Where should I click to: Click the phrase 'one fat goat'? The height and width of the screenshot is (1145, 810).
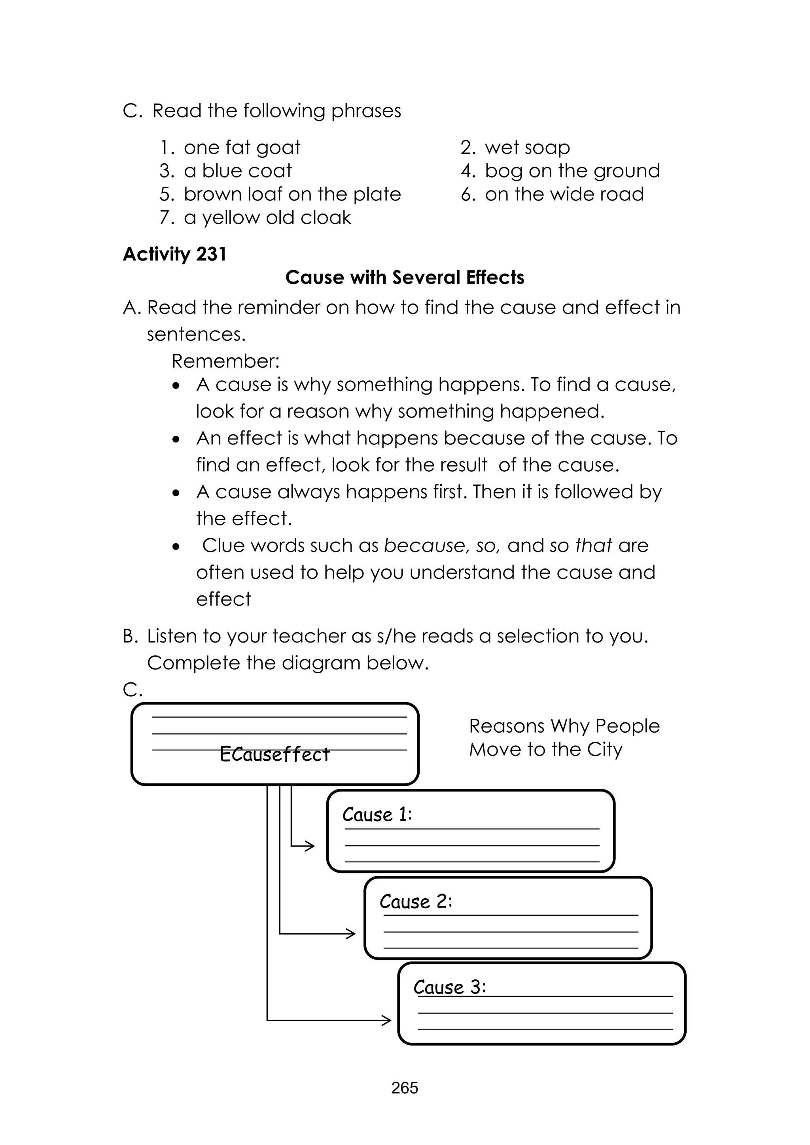[242, 147]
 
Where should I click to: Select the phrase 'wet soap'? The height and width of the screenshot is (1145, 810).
[527, 147]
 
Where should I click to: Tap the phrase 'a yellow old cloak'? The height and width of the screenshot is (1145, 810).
[267, 218]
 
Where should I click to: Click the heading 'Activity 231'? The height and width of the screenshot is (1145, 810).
[174, 254]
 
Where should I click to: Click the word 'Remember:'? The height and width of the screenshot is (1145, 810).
[225, 361]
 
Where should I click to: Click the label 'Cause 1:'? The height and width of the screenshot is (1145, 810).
[377, 814]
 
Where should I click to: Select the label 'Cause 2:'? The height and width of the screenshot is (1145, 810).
[415, 901]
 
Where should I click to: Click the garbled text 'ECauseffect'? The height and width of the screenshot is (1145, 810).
[275, 754]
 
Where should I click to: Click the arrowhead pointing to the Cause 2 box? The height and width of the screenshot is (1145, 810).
[351, 933]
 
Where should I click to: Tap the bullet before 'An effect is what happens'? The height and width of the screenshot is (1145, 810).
[176, 439]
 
